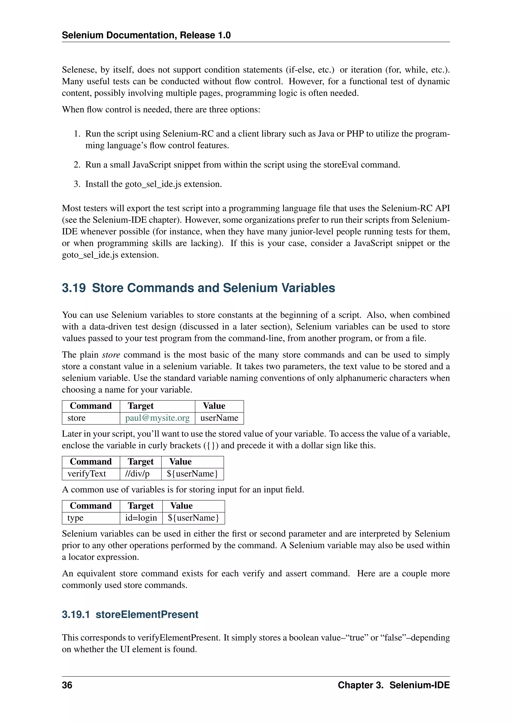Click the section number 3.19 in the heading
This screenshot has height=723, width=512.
coord(74,288)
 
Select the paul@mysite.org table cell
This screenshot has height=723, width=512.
coord(157,418)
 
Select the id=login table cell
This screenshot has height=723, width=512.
coord(141,518)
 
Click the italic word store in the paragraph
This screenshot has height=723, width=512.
coord(111,355)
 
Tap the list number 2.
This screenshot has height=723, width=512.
coord(77,165)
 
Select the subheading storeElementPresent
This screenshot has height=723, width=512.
coord(147,614)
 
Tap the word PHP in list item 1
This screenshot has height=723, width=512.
coord(355,134)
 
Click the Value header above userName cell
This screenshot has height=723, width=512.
coord(214,406)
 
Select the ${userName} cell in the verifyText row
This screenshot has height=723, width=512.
coord(192,474)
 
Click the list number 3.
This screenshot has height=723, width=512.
coord(77,184)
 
